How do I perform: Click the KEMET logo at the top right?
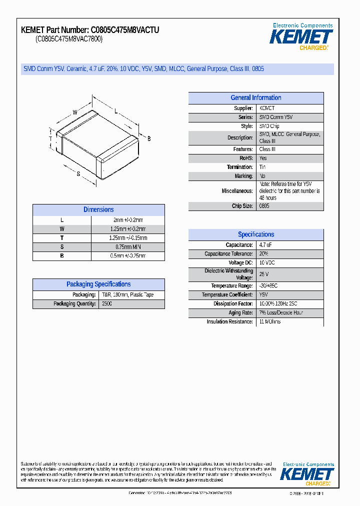pyautogui.click(x=301, y=36)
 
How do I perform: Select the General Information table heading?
pyautogui.click(x=255, y=98)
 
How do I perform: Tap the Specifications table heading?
pyautogui.click(x=255, y=234)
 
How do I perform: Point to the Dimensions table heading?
pyautogui.click(x=98, y=210)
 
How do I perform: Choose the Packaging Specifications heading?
pyautogui.click(x=98, y=284)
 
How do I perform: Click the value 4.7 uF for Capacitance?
pyautogui.click(x=265, y=245)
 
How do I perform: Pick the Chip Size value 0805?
pyautogui.click(x=264, y=206)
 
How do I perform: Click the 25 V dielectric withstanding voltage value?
pyautogui.click(x=264, y=274)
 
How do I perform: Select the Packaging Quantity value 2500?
pyautogui.click(x=107, y=304)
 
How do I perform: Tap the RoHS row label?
pyautogui.click(x=245, y=158)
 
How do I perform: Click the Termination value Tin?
pyautogui.click(x=262, y=167)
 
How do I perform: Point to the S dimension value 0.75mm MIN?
pyautogui.click(x=128, y=247)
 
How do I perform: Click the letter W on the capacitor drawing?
pyautogui.click(x=75, y=112)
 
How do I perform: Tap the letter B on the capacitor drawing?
pyautogui.click(x=148, y=138)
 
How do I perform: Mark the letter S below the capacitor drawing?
pyautogui.click(x=78, y=173)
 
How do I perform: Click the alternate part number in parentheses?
pyautogui.click(x=68, y=39)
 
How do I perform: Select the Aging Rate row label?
pyautogui.click(x=240, y=312)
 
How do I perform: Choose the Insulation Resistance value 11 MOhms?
pyautogui.click(x=270, y=321)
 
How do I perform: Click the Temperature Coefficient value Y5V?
pyautogui.click(x=263, y=295)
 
